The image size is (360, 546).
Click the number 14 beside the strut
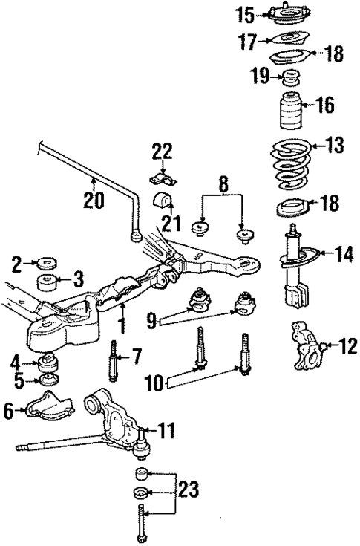click(344, 254)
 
